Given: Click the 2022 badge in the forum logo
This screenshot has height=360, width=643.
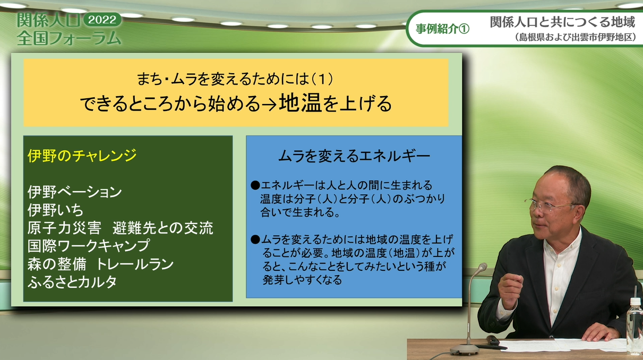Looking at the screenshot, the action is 102,20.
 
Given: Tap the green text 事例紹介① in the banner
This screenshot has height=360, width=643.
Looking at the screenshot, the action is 443,29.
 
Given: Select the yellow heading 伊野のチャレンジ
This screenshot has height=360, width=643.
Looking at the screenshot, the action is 82,156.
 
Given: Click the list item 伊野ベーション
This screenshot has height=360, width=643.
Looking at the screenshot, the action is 75,192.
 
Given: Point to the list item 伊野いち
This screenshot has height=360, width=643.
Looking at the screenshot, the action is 55,210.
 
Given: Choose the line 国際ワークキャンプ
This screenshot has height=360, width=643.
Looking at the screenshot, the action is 89,246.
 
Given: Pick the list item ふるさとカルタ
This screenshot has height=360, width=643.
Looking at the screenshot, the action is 72,281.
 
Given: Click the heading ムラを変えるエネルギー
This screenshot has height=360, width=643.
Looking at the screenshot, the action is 354,156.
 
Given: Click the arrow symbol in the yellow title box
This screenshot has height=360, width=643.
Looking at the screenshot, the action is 269,105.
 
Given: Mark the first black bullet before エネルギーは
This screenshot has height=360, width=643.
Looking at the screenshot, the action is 255,185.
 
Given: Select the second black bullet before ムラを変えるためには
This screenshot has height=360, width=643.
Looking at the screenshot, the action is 255,239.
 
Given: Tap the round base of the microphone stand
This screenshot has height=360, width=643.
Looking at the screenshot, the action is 465,349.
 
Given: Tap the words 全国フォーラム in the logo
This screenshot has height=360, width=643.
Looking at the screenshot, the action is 69,38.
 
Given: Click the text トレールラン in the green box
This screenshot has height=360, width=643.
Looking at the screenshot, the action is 135,264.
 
